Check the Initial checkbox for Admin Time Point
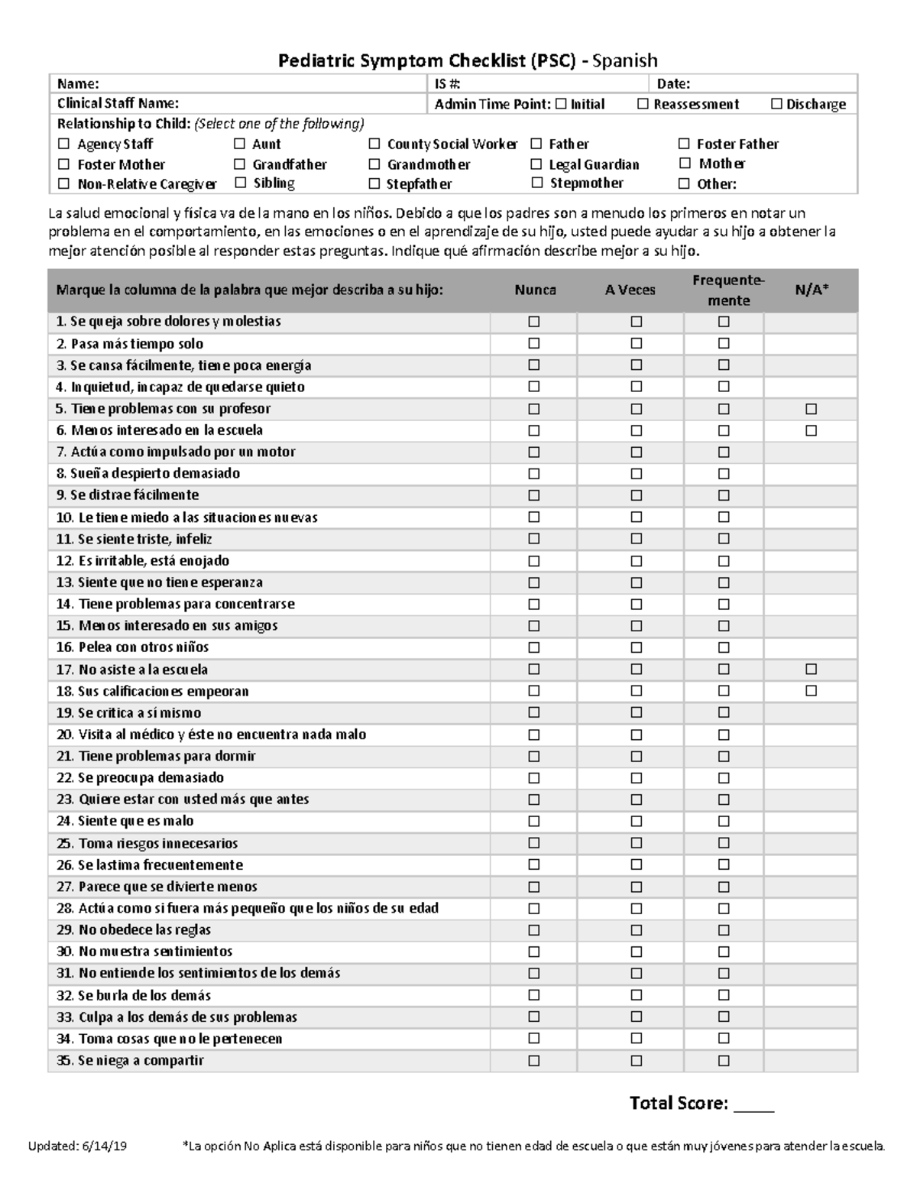561,104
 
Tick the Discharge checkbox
776,104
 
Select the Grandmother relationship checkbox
374,164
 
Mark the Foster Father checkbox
684,144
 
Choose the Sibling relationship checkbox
240,183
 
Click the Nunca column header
535,290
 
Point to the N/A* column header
812,290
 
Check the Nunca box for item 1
533,322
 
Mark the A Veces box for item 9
636,495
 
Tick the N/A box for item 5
811,409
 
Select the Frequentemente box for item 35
724,1061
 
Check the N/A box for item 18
811,691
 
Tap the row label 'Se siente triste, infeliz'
134,539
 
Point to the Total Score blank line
753,1105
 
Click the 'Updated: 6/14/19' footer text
78,1146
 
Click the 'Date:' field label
674,84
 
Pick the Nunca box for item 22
533,778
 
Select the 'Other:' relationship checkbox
684,184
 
